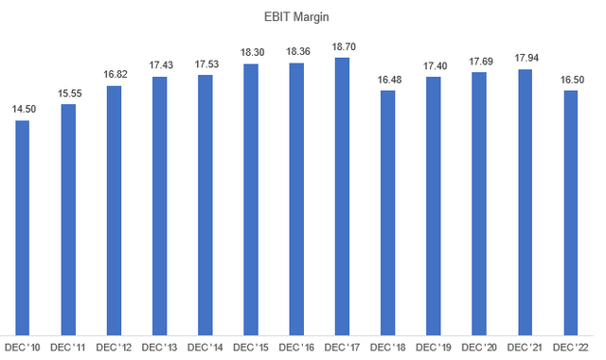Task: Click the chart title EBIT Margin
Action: pyautogui.click(x=302, y=16)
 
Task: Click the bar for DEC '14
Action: pyautogui.click(x=205, y=203)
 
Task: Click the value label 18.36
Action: pyautogui.click(x=296, y=52)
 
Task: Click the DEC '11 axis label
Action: pyautogui.click(x=68, y=350)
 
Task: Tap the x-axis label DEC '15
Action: pyautogui.click(x=250, y=350)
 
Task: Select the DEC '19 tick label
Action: pyautogui.click(x=433, y=350)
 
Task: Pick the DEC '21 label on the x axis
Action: pyautogui.click(x=524, y=350)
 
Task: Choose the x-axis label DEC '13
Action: pyautogui.click(x=159, y=350)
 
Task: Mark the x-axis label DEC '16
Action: pyautogui.click(x=296, y=350)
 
